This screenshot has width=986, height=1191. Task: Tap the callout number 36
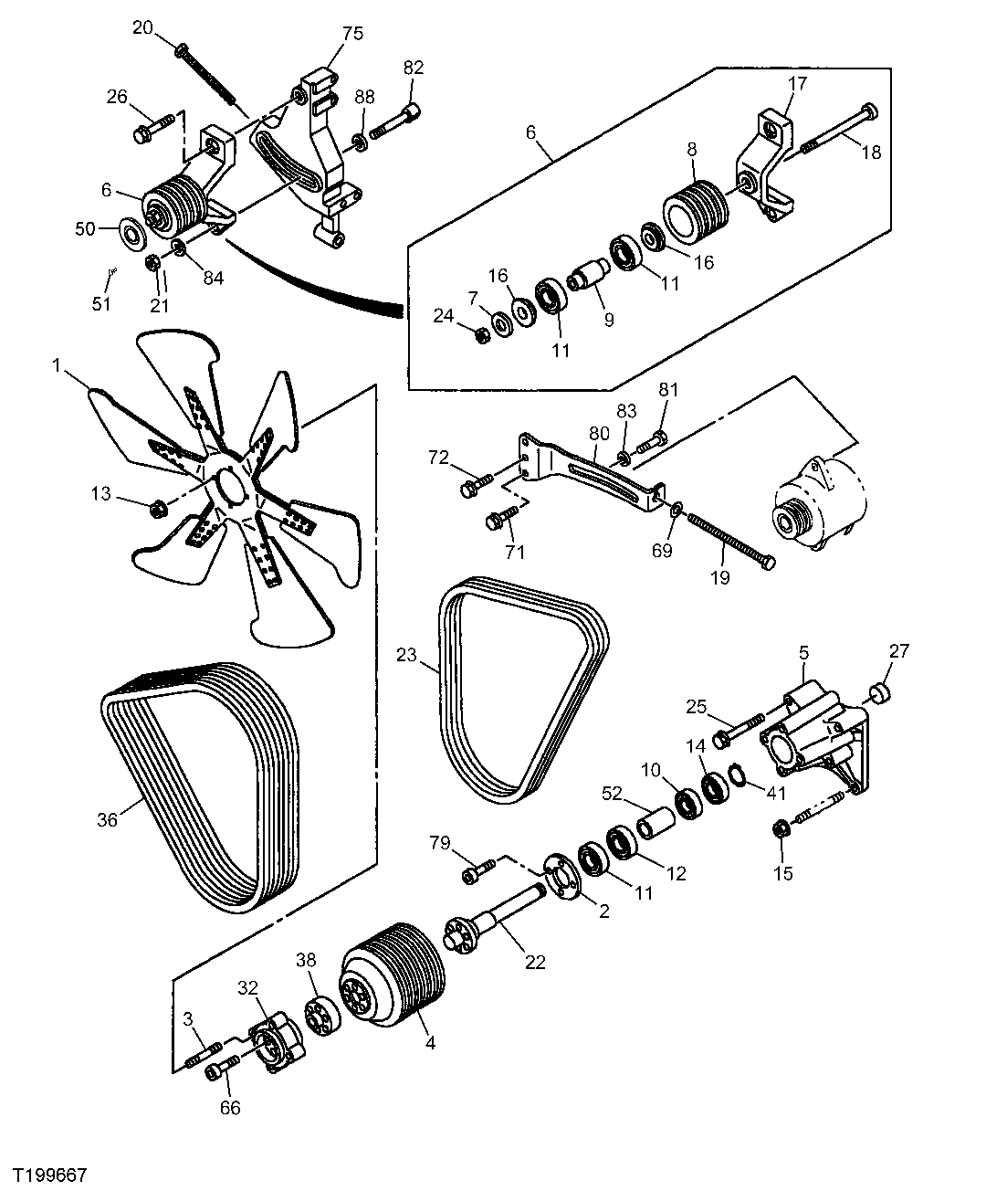click(x=108, y=819)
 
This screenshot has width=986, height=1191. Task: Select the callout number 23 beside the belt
click(x=406, y=654)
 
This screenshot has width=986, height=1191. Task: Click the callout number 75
click(x=352, y=34)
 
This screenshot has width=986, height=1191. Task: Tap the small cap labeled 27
click(x=881, y=691)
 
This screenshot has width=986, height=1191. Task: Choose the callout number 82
click(x=414, y=68)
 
